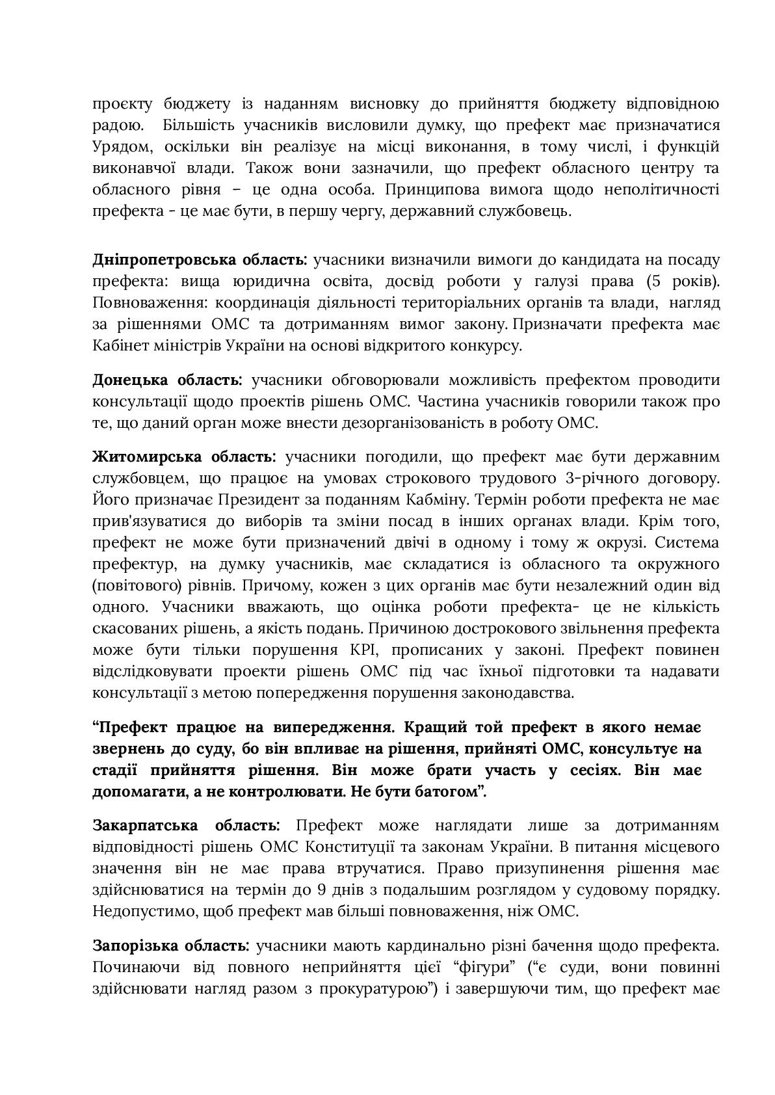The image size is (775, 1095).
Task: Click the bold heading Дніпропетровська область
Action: pos(199,260)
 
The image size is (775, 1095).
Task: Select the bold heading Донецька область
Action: pos(168,380)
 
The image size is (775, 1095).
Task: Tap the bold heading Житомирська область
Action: pos(184,457)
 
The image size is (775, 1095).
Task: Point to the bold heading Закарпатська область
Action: pos(186,825)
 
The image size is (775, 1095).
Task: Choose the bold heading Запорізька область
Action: pos(171,945)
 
